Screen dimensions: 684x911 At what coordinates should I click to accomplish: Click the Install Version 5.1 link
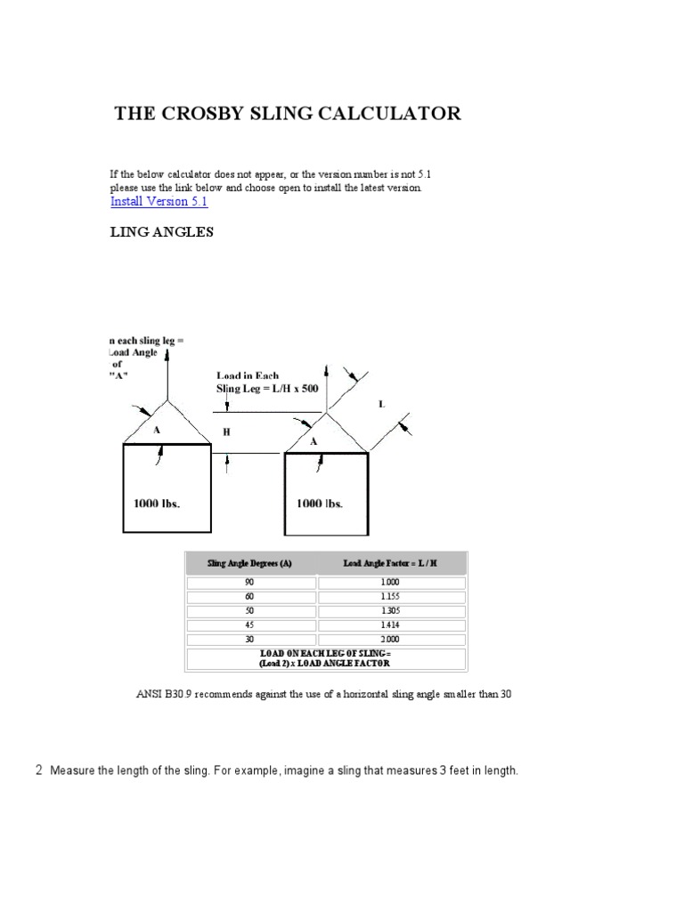click(x=159, y=201)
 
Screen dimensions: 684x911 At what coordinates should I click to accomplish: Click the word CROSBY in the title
click(x=208, y=114)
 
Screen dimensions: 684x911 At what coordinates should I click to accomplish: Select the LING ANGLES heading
click(x=162, y=233)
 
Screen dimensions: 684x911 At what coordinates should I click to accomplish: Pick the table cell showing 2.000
click(x=392, y=640)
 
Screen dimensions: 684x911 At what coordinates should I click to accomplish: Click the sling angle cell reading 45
click(x=249, y=625)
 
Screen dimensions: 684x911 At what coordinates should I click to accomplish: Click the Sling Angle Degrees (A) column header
click(x=249, y=563)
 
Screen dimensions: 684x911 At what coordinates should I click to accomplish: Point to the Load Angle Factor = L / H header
click(x=392, y=563)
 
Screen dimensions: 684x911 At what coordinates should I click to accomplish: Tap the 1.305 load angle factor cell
click(x=392, y=611)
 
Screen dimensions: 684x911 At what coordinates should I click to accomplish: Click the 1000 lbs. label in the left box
click(x=157, y=503)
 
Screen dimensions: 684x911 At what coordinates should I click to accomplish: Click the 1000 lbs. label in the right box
click(x=320, y=503)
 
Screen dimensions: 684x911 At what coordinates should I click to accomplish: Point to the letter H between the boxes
click(x=226, y=431)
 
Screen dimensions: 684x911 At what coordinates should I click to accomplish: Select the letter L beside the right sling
click(x=382, y=405)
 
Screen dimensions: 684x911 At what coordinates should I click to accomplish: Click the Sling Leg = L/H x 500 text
click(x=266, y=389)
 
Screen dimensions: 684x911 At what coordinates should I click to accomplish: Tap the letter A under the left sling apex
click(x=157, y=428)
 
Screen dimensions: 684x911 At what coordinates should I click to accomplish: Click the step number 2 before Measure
click(x=38, y=770)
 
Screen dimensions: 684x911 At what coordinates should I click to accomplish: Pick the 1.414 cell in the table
click(x=392, y=625)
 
